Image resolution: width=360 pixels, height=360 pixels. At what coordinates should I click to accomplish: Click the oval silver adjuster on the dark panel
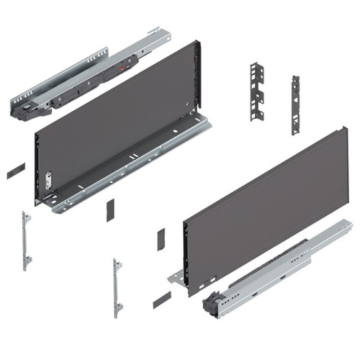pos(48,179)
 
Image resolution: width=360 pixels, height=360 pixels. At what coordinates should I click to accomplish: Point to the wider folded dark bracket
pos(258,92)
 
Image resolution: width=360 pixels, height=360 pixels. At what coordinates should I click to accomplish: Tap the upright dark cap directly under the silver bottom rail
pos(111,210)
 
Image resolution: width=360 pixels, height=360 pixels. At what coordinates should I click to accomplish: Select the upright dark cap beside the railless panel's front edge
pos(161,239)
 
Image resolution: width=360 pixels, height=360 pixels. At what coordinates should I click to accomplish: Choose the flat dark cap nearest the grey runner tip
pos(161,299)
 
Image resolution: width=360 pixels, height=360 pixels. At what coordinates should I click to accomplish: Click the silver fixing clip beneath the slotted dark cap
pos(26,238)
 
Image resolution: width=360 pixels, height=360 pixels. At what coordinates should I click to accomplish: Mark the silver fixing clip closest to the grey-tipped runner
pos(117,286)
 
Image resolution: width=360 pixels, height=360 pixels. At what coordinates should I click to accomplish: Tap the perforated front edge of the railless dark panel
pos(186,252)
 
